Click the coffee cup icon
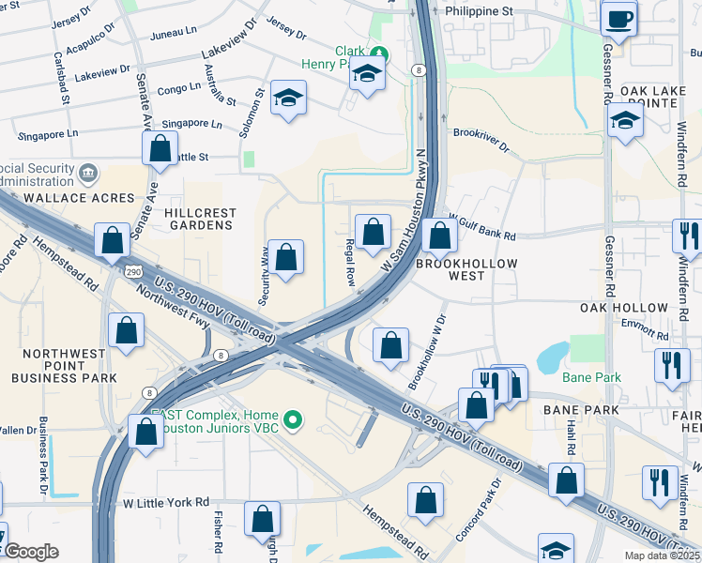coord(618,19)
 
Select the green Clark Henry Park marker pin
coord(379,52)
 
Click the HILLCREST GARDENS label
coord(198,219)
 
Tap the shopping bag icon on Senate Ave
coord(160,147)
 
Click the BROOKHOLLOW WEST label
coord(466,269)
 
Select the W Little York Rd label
coord(166,503)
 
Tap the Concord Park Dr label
coord(490,512)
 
